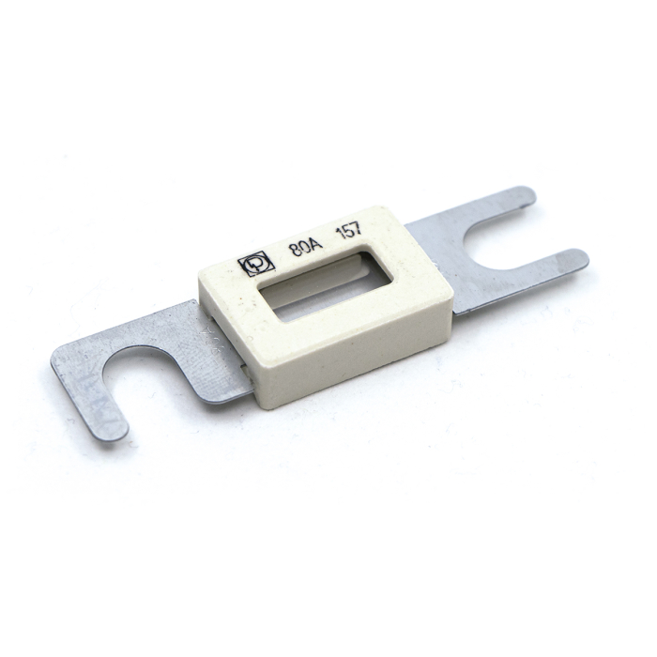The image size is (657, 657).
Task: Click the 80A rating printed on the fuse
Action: [303, 249]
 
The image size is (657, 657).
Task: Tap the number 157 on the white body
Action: [352, 234]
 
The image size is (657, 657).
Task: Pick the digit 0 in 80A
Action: [302, 249]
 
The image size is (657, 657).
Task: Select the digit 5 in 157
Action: [351, 234]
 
